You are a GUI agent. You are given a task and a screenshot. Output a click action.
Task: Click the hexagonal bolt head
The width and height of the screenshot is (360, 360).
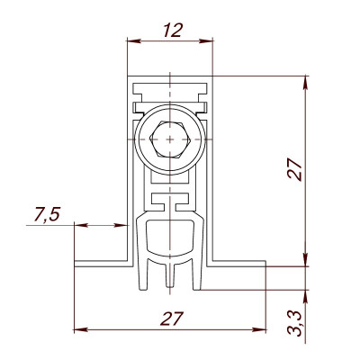coord(168,140)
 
